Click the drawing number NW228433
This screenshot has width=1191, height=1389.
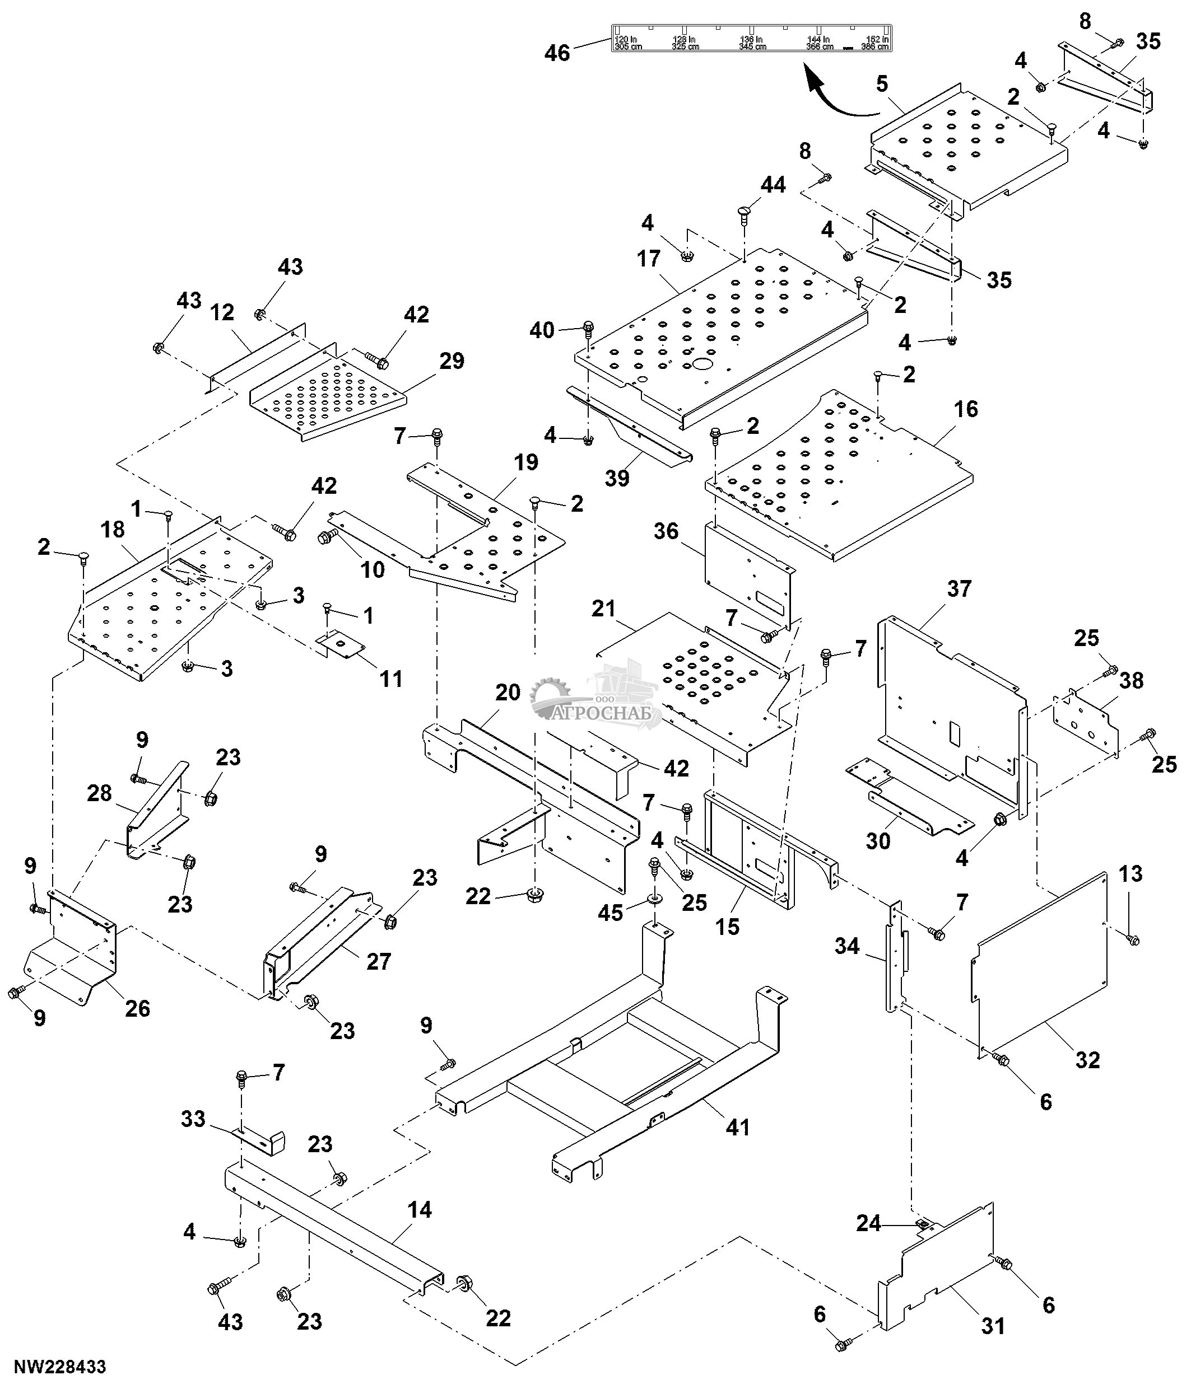pos(60,1366)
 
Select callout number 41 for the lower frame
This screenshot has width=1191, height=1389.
pos(738,1127)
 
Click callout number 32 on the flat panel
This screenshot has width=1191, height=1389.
pos(1088,1060)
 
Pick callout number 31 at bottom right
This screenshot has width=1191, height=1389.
pos(993,1325)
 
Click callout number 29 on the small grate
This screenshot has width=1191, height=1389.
pos(452,361)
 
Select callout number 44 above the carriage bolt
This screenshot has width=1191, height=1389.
pos(773,184)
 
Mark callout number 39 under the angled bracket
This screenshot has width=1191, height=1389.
pos(617,478)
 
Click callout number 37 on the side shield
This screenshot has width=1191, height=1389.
pos(959,588)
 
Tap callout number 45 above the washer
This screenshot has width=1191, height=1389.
pos(610,913)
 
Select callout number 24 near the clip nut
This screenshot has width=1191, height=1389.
pos(868,1223)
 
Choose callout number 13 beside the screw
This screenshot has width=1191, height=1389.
pos(1130,873)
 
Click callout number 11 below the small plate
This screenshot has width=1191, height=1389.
pos(391,679)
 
